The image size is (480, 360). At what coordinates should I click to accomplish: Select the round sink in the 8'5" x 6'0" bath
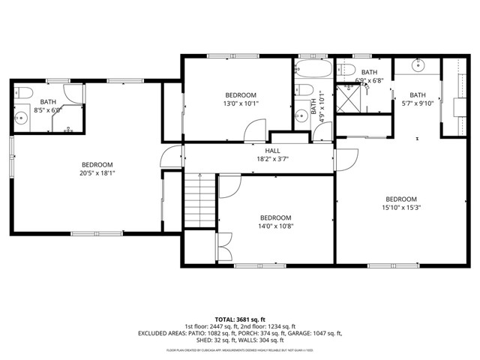tap(22, 117)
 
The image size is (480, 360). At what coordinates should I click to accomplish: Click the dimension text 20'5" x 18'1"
tap(97, 173)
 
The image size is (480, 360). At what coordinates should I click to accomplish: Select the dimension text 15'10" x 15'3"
tap(403, 208)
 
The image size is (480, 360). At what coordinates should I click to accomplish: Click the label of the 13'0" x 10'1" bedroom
tap(241, 95)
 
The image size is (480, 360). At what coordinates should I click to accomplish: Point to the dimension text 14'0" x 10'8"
tap(275, 226)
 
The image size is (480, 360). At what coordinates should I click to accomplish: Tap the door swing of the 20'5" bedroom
tap(171, 158)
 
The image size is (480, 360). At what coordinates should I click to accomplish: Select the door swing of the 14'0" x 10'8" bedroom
tap(228, 186)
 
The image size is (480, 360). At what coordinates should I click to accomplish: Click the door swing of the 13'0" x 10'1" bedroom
tap(251, 133)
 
